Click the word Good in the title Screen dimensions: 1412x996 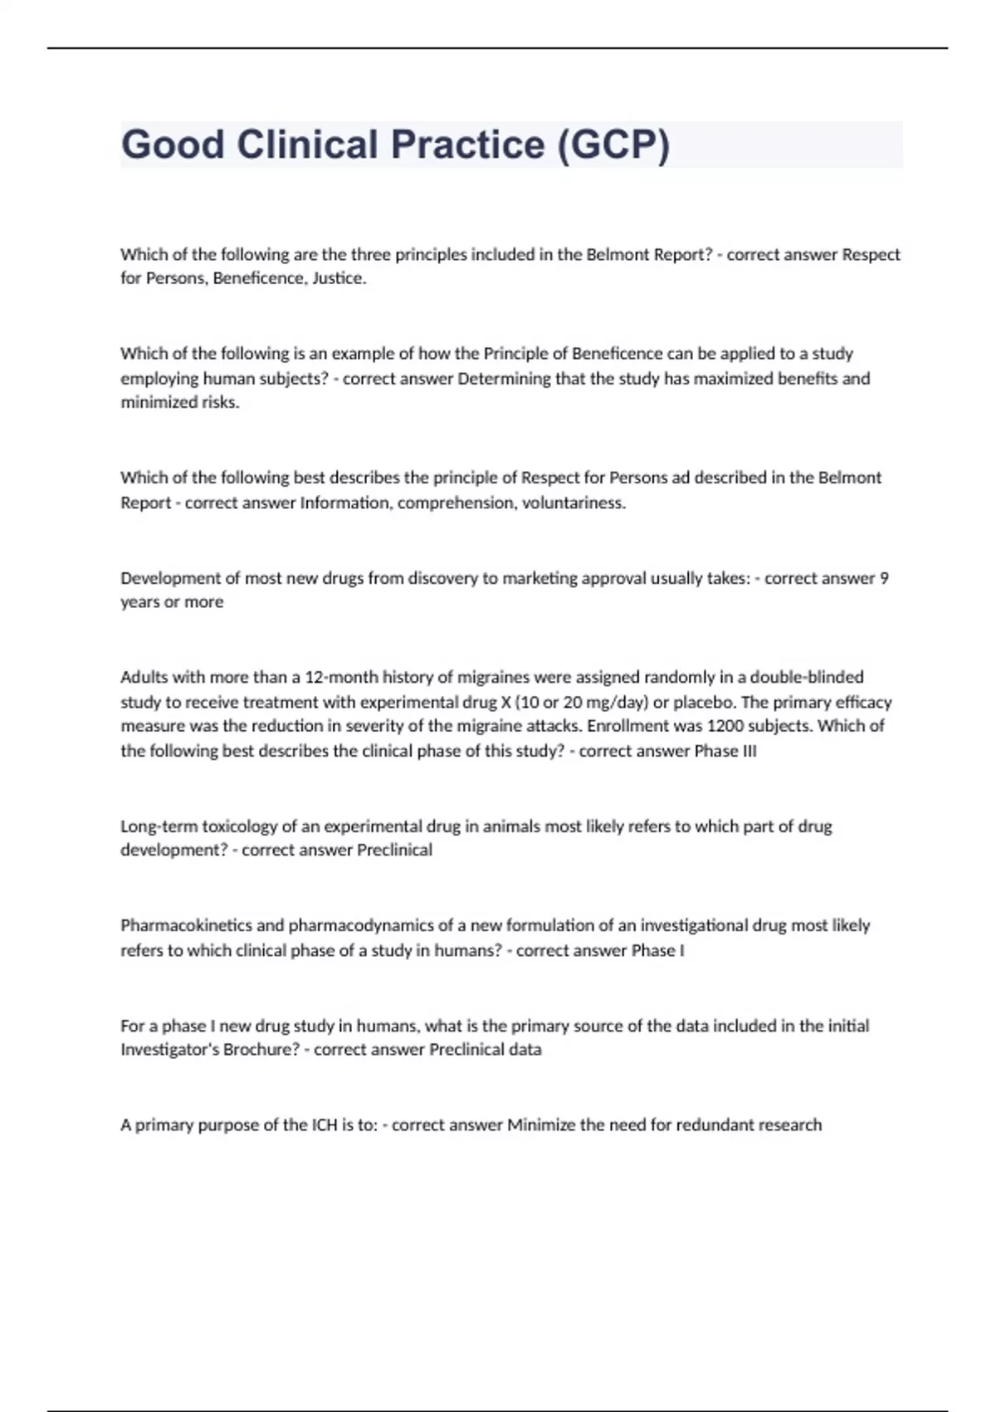click(173, 145)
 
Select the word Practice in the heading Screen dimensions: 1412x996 click(467, 145)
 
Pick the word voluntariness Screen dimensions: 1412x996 click(574, 503)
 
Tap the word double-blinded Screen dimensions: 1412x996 click(807, 677)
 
